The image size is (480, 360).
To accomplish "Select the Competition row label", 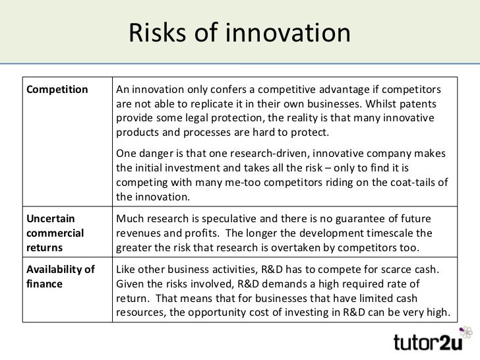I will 56,90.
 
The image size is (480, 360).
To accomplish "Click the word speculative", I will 235,218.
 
